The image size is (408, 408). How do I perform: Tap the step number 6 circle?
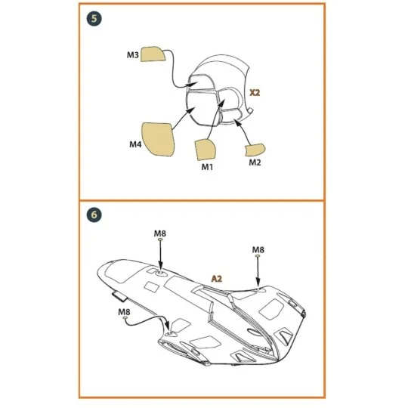click(x=94, y=215)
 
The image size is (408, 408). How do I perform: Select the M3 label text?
click(x=132, y=55)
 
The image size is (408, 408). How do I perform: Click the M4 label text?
click(x=134, y=144)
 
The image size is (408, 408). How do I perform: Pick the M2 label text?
click(x=255, y=162)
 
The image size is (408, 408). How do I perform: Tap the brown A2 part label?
click(x=217, y=279)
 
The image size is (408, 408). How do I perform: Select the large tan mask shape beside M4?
click(x=159, y=137)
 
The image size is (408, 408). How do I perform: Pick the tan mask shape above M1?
click(x=206, y=147)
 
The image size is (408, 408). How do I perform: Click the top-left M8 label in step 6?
click(x=159, y=234)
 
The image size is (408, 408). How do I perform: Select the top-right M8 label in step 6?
click(x=258, y=249)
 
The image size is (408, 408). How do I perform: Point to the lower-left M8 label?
click(x=124, y=311)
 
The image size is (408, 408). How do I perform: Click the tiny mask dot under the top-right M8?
click(x=258, y=259)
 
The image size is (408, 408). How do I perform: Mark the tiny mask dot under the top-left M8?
click(x=159, y=243)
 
